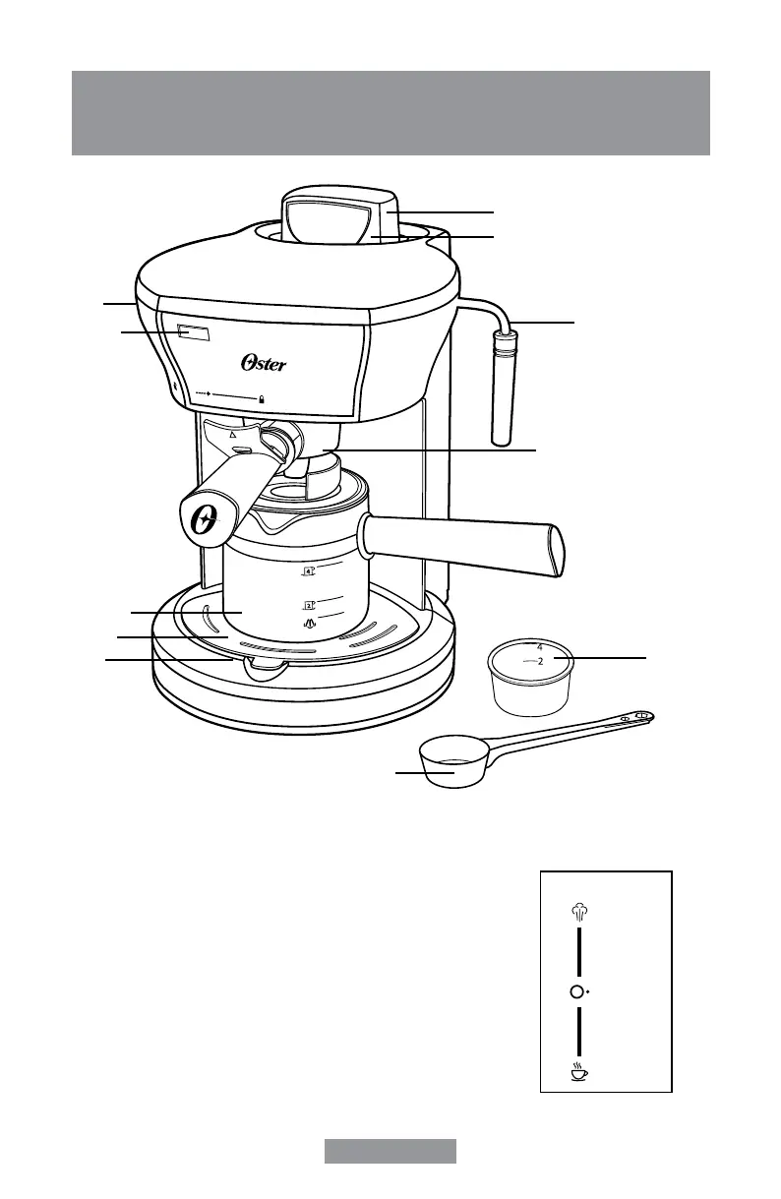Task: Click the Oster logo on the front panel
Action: (264, 364)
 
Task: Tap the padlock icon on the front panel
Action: (262, 399)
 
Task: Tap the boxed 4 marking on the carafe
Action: (308, 570)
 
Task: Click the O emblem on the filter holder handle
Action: (205, 521)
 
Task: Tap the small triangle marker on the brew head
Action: (232, 432)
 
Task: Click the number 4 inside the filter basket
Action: (539, 648)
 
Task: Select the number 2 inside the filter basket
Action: (540, 662)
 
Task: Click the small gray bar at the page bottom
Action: (390, 1151)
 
